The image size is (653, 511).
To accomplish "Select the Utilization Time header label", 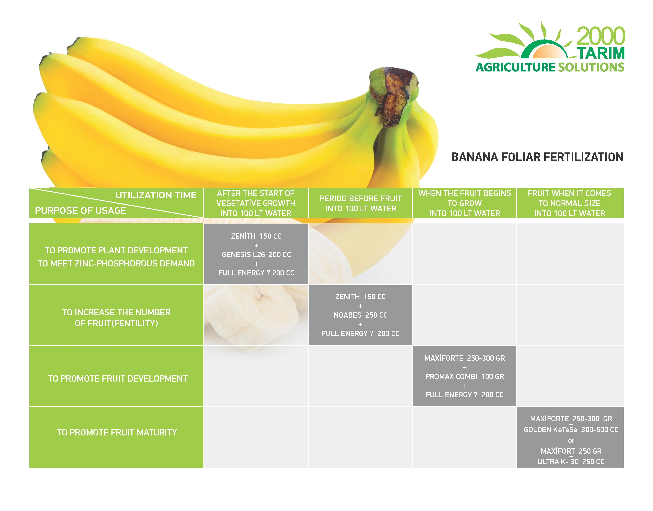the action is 156,195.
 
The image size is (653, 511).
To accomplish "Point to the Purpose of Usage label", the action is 81,211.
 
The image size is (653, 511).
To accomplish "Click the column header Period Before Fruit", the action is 361,203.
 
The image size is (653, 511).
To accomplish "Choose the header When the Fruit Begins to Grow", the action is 465,203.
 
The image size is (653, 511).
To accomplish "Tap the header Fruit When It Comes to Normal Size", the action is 569,203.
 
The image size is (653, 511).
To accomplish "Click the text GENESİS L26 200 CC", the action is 256,255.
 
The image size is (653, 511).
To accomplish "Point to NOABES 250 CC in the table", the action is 361,315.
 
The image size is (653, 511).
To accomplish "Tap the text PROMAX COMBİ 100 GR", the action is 465,376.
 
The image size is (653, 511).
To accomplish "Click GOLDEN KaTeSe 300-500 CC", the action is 571,430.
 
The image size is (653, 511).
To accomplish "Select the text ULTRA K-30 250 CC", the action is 571,462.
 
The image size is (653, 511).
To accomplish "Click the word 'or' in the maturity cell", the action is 571,441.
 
